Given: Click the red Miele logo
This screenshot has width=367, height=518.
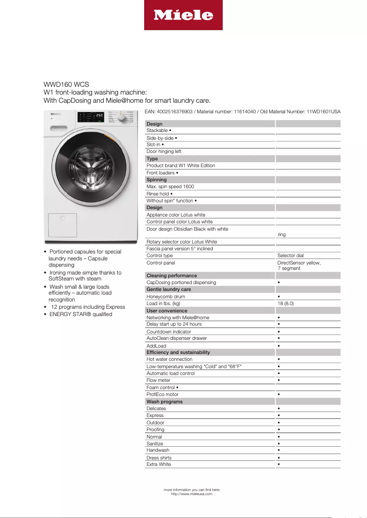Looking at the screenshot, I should coord(183,15).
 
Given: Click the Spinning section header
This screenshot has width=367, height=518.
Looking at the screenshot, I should coord(157,180).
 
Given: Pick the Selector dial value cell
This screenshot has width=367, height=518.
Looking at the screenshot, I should coord(290,256).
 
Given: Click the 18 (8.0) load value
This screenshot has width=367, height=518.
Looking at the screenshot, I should coord(286,303).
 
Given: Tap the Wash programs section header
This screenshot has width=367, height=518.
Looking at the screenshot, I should coord(164,402).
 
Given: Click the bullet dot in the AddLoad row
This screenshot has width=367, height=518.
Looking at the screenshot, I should coord(279,346).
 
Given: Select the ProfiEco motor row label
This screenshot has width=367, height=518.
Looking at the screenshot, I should coord(162,394).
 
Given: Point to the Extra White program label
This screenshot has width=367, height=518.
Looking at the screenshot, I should coord(159,464).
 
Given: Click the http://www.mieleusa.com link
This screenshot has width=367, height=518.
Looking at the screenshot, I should coord(192,494).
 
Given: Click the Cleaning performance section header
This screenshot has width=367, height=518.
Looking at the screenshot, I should coord(172,275).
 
